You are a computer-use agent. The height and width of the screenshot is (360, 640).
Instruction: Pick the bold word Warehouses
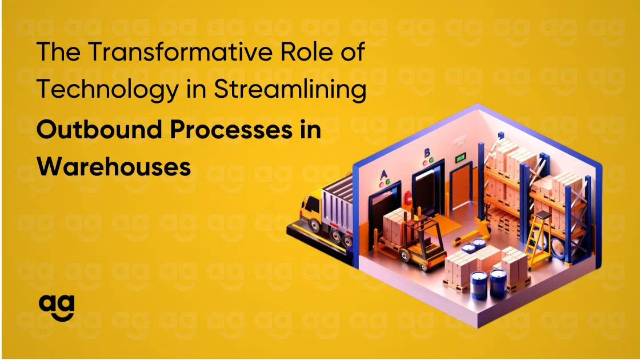coord(114,167)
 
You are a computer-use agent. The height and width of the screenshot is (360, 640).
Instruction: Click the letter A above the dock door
coord(384,174)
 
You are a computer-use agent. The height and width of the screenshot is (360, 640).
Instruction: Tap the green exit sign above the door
coord(459,156)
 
